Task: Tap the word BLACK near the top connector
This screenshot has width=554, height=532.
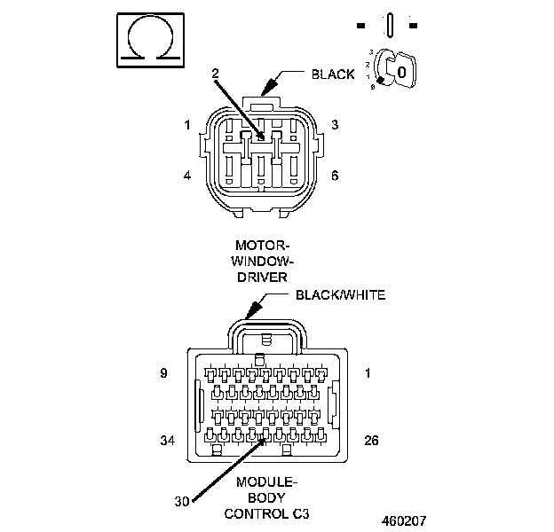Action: tap(333, 74)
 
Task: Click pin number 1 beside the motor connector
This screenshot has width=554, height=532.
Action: tap(187, 125)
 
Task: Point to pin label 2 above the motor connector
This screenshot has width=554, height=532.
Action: tap(215, 74)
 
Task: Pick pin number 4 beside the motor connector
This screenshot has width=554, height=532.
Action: tap(187, 176)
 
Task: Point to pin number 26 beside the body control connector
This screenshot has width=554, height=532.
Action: tap(372, 439)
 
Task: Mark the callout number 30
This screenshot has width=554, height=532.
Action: tap(182, 502)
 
